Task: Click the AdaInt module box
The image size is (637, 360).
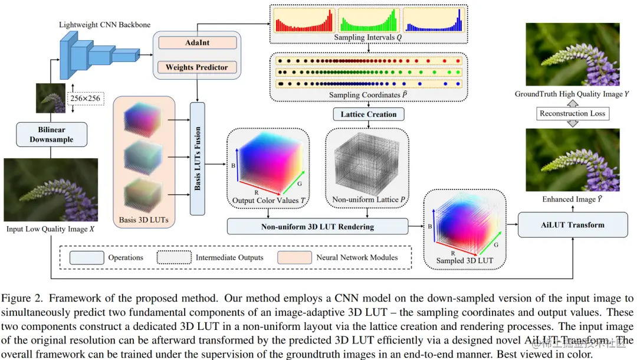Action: click(197, 42)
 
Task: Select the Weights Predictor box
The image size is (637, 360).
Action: click(197, 67)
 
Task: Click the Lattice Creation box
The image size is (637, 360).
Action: click(369, 114)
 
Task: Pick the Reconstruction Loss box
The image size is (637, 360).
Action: click(572, 113)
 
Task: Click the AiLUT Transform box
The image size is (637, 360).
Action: click(572, 225)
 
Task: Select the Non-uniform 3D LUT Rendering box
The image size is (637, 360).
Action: click(317, 226)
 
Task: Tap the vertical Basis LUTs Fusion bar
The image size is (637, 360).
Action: click(197, 158)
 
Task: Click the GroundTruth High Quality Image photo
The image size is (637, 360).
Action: click(572, 54)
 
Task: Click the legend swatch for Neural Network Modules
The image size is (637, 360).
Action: click(295, 257)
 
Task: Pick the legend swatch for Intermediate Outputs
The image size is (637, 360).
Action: click(174, 257)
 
